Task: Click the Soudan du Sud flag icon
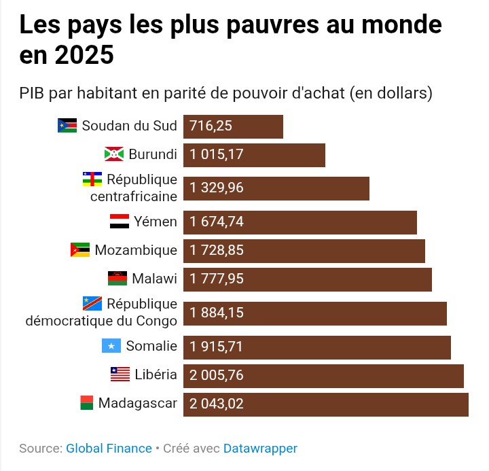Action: pyautogui.click(x=67, y=126)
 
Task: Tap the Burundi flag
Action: pyautogui.click(x=113, y=154)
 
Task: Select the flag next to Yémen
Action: pyautogui.click(x=119, y=222)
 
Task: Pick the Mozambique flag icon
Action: pyautogui.click(x=79, y=250)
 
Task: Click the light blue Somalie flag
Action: pyautogui.click(x=111, y=346)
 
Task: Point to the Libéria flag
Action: pyautogui.click(x=120, y=374)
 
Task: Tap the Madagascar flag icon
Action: pyautogui.click(x=86, y=403)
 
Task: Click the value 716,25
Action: pyautogui.click(x=212, y=126)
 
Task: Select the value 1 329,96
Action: pyautogui.click(x=217, y=188)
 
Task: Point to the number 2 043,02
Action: pyautogui.click(x=217, y=404)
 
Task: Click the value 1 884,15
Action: pyautogui.click(x=217, y=313)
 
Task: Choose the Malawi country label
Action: pyautogui.click(x=154, y=279)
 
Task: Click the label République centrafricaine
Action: pyautogui.click(x=133, y=188)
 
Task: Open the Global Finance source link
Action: pyautogui.click(x=109, y=449)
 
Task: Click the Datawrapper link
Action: pyautogui.click(x=260, y=449)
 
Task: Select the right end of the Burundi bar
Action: pyautogui.click(x=323, y=155)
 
